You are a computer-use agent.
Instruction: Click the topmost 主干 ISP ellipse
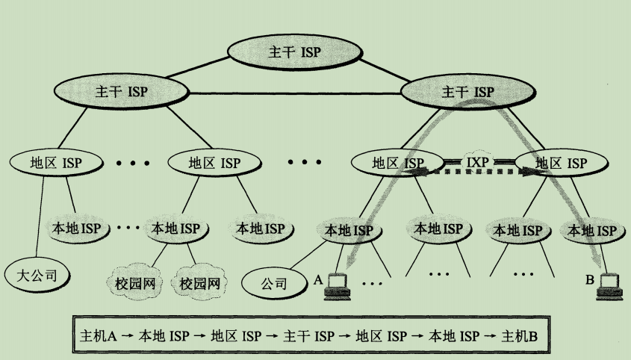294,52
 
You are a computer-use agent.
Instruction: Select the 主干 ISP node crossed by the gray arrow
467,92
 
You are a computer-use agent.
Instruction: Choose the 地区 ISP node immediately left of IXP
397,162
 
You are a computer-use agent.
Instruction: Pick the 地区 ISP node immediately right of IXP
562,162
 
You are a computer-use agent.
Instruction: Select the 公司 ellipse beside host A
274,283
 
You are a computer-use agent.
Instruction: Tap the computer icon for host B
609,286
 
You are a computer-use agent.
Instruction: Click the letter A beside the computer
317,279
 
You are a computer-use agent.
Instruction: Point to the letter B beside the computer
589,281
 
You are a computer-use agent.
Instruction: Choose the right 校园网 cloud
198,283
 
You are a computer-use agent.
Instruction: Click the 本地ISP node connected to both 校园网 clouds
176,228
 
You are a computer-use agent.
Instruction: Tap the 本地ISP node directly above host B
592,230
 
